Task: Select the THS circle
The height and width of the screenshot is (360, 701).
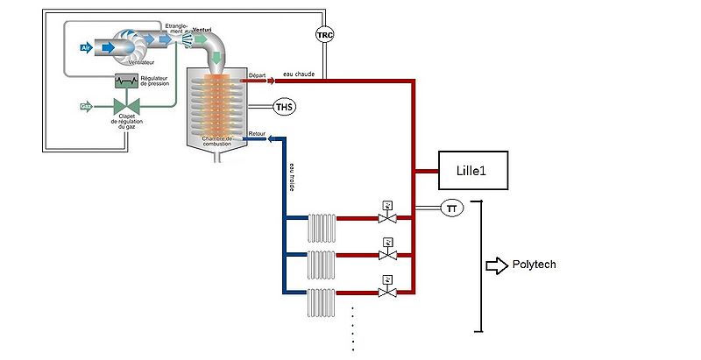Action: pyautogui.click(x=285, y=107)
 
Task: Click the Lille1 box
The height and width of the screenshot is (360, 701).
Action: pyautogui.click(x=473, y=171)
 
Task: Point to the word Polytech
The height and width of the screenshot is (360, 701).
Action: pyautogui.click(x=535, y=265)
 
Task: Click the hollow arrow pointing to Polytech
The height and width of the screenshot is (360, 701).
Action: pyautogui.click(x=497, y=265)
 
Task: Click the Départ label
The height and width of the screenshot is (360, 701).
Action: pyautogui.click(x=258, y=74)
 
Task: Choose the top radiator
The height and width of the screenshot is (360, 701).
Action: pyautogui.click(x=322, y=227)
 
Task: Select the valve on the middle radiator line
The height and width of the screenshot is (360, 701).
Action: pyautogui.click(x=384, y=254)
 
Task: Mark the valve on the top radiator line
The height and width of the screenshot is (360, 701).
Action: pyautogui.click(x=384, y=215)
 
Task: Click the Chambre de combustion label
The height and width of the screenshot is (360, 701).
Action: pyautogui.click(x=215, y=141)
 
